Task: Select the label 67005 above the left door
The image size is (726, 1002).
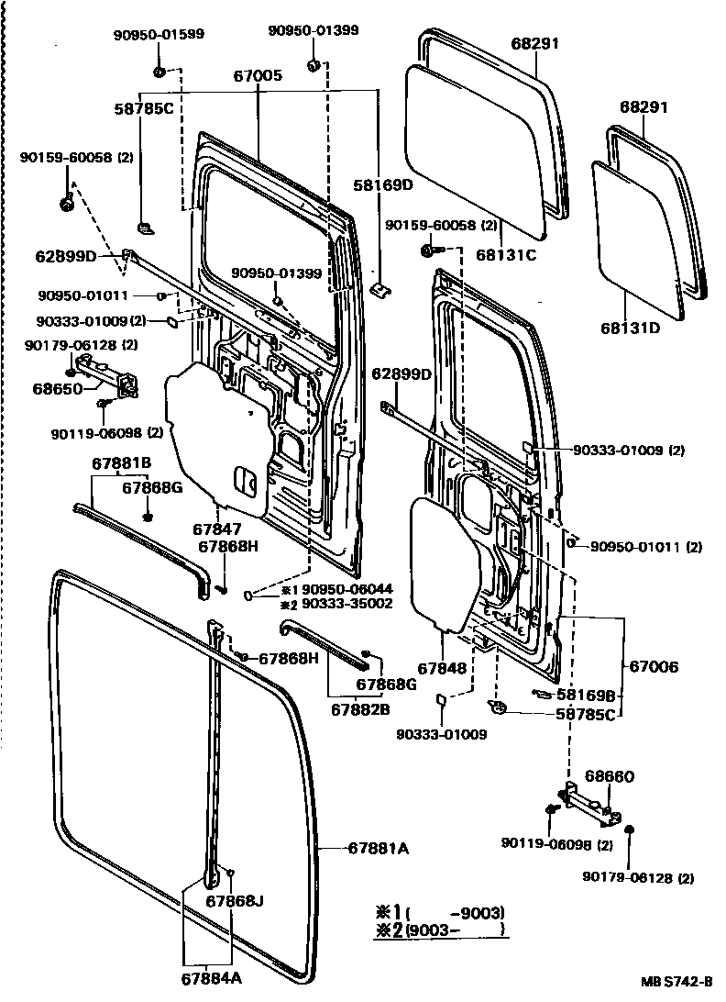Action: [258, 77]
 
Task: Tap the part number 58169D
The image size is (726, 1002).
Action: [383, 184]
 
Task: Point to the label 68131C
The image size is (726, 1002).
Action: [505, 255]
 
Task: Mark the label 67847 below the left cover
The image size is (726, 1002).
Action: [217, 529]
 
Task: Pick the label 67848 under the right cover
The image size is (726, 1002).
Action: [444, 668]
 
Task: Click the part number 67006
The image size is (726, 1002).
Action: [654, 667]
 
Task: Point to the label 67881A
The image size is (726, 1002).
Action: [378, 849]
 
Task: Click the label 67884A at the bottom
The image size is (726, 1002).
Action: [212, 978]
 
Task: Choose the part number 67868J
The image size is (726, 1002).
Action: [234, 900]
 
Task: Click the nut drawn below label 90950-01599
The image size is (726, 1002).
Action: [159, 71]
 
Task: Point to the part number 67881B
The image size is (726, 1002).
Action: [121, 463]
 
